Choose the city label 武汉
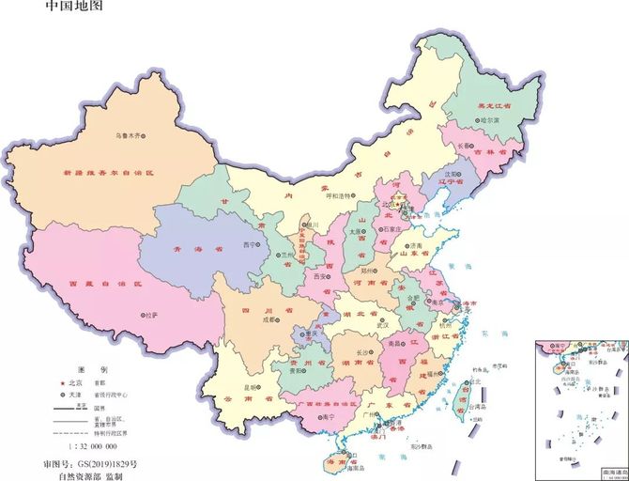pyautogui.click(x=383, y=324)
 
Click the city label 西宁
pyautogui.click(x=249, y=244)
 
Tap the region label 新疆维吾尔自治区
pyautogui.click(x=107, y=174)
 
